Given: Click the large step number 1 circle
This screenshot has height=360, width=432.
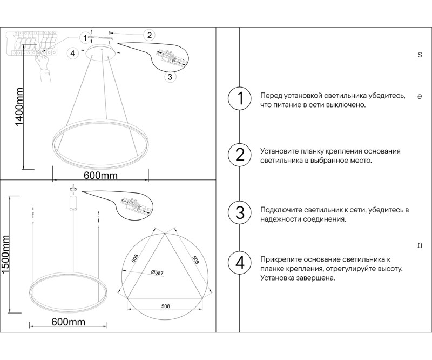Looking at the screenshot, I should [x=240, y=99].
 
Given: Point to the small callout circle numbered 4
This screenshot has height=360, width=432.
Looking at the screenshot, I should [x=72, y=53].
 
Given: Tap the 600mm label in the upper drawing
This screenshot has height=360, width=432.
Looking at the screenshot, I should [x=100, y=176].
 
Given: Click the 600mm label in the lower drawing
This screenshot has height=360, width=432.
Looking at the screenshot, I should [x=69, y=322].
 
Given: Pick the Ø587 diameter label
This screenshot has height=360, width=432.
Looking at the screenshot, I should [x=157, y=272].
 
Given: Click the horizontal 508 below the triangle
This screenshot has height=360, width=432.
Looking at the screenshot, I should [x=166, y=306].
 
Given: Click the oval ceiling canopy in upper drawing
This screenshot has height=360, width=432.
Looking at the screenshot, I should [x=100, y=52].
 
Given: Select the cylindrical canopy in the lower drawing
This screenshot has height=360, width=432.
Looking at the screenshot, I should [x=73, y=203].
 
